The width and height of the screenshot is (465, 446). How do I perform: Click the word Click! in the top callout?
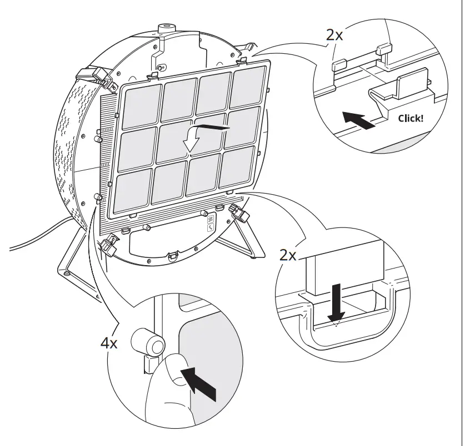(411, 118)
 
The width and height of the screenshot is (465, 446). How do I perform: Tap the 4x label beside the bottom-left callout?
(109, 343)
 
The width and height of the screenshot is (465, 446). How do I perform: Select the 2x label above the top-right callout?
(334, 35)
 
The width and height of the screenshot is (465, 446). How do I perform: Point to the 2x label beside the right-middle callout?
(288, 255)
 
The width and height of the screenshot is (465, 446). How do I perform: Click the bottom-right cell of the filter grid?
(237, 169)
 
